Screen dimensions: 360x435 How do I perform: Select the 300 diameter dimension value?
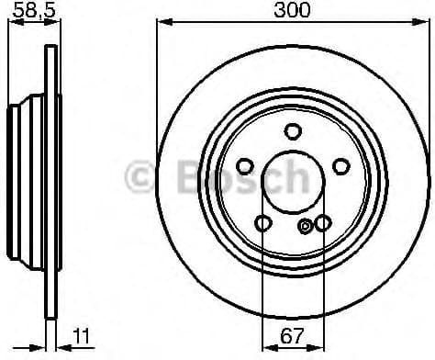pyautogui.click(x=293, y=10)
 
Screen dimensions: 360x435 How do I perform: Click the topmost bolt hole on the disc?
pyautogui.click(x=293, y=130)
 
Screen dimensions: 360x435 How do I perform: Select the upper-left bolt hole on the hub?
pyautogui.click(x=245, y=165)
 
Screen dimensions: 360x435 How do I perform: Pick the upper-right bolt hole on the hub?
pyautogui.click(x=340, y=165)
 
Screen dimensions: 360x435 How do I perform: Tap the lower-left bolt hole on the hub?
pyautogui.click(x=263, y=222)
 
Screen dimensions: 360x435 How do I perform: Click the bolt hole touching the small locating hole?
pyautogui.click(x=322, y=223)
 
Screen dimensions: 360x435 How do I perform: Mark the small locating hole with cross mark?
pyautogui.click(x=306, y=226)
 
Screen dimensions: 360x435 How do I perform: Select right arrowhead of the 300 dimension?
pyautogui.click(x=424, y=22)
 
